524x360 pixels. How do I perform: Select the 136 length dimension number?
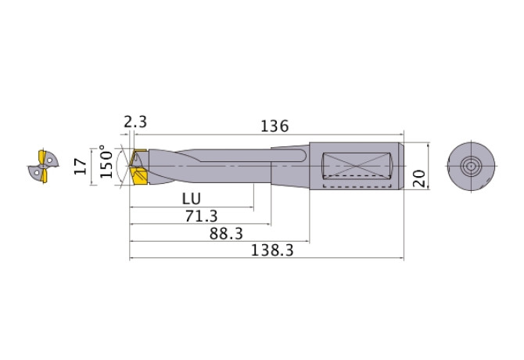(275, 125)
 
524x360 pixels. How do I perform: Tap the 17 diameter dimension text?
(80, 166)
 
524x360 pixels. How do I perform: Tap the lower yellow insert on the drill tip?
(140, 179)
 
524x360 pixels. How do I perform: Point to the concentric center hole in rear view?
(471, 166)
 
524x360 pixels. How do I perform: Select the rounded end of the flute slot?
(302, 157)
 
